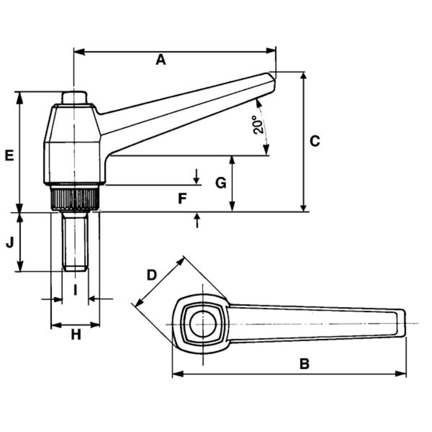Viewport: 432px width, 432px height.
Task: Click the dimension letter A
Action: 161,60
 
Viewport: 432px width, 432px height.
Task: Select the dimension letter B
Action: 304,364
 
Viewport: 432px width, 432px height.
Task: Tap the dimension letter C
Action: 315,141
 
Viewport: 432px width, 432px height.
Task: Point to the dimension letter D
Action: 152,275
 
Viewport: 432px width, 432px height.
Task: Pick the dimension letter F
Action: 183,198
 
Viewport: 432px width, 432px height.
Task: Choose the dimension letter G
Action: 221,183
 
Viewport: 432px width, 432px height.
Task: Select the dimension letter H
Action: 76,335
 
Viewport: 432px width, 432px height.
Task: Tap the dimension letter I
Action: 75,290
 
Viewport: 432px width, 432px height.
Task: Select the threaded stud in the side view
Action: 75,241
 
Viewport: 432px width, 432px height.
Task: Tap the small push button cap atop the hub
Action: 74,98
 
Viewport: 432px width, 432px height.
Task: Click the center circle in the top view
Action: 203,323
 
